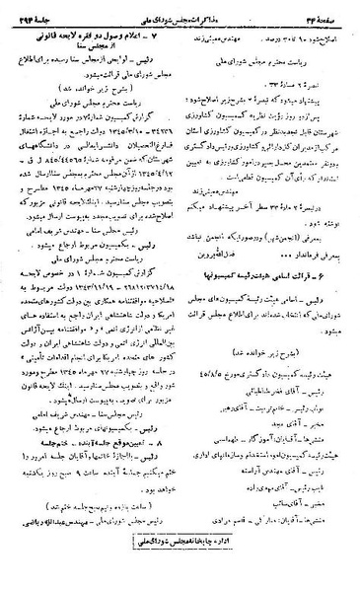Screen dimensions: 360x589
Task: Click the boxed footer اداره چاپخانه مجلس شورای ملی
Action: [181, 569]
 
